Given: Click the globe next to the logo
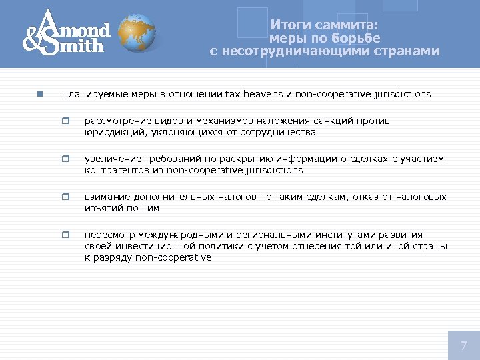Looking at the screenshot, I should pos(137,34).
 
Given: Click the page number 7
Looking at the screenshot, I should pos(463,345).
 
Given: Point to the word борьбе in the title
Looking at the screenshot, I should pos(357,38).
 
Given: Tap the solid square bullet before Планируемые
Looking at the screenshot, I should pos(40,94).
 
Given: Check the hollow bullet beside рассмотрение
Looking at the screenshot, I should pos(65,121).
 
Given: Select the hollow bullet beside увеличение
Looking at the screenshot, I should pos(65,159).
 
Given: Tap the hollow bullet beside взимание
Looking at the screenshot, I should pos(65,197).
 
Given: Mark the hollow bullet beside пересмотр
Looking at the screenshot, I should pos(65,235).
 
